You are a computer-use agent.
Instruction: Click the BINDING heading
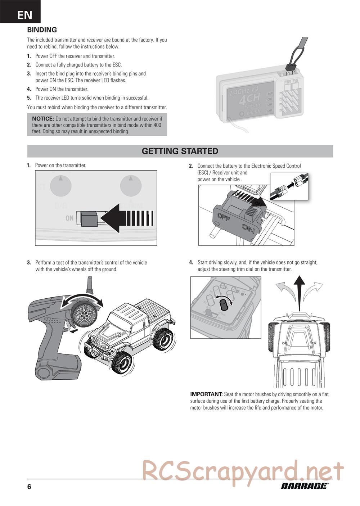click(42, 30)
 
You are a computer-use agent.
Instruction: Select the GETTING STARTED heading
click(180, 151)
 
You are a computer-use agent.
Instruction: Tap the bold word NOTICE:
click(43, 118)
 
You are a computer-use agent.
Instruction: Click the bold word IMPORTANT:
click(206, 394)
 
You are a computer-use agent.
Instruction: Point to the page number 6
click(29, 487)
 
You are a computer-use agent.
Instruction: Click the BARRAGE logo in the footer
click(305, 486)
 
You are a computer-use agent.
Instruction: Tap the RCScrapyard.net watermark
click(243, 471)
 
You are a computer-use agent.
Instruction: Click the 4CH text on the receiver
click(249, 99)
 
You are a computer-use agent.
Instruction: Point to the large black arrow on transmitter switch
click(130, 217)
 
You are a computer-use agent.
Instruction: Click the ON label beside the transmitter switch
click(69, 218)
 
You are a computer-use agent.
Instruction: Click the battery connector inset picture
click(289, 186)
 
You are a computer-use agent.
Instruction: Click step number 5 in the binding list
click(29, 98)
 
